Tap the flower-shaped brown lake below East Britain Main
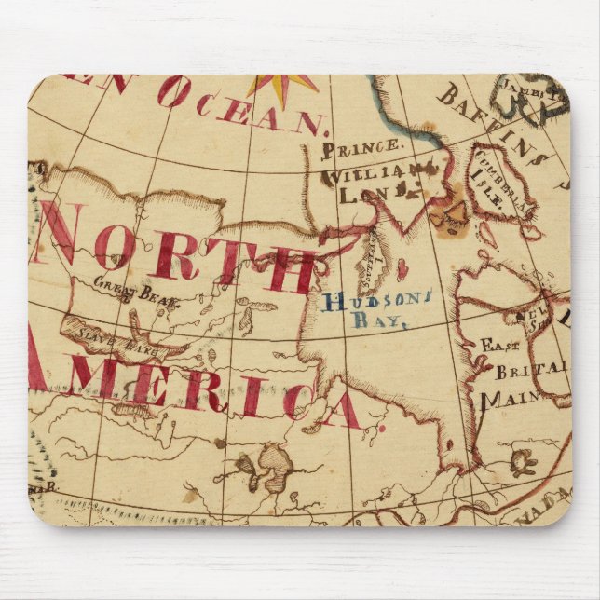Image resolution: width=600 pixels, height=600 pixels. point(522,460)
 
